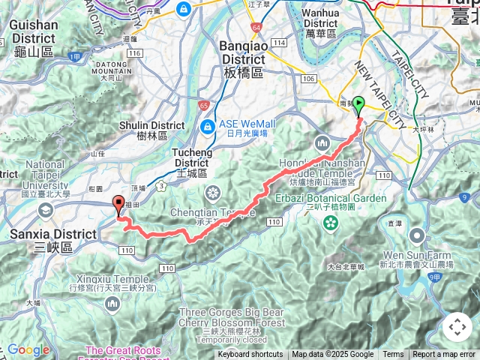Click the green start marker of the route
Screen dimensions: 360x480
point(359,104)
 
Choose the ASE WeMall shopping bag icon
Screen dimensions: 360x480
point(206,124)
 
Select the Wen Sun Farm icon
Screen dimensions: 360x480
point(418,238)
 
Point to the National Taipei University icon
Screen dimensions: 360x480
point(46,214)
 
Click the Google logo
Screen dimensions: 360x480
point(28,349)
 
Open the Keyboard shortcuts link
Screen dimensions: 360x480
point(250,355)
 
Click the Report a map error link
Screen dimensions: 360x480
point(444,355)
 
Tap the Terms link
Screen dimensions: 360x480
point(393,355)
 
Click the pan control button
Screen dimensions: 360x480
point(457,327)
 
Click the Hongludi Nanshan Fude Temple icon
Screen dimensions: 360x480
point(323,142)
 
